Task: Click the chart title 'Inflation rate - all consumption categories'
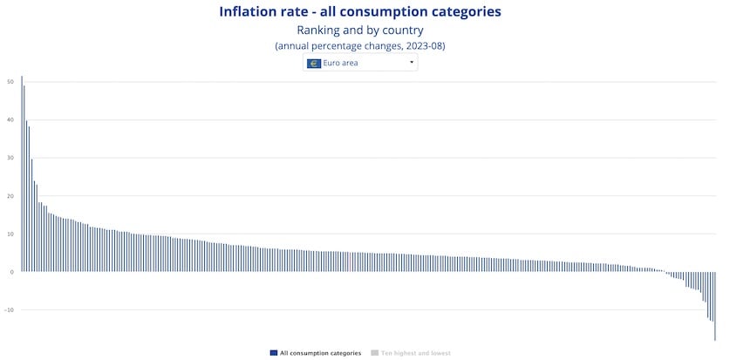(x=360, y=11)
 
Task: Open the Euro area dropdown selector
(x=360, y=63)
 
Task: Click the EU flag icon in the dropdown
(x=313, y=63)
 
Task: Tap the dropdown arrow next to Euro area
(x=411, y=63)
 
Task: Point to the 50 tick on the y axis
(x=10, y=82)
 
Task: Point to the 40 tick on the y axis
(x=10, y=119)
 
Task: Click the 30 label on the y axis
(x=10, y=158)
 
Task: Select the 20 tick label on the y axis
(x=10, y=196)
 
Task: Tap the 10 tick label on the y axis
(x=10, y=234)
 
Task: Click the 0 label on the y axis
(x=11, y=272)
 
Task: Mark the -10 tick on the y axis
(x=9, y=310)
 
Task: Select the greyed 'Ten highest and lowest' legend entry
(x=415, y=353)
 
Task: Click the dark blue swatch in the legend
(x=274, y=353)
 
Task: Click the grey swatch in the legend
(x=374, y=353)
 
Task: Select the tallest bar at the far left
(x=22, y=174)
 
